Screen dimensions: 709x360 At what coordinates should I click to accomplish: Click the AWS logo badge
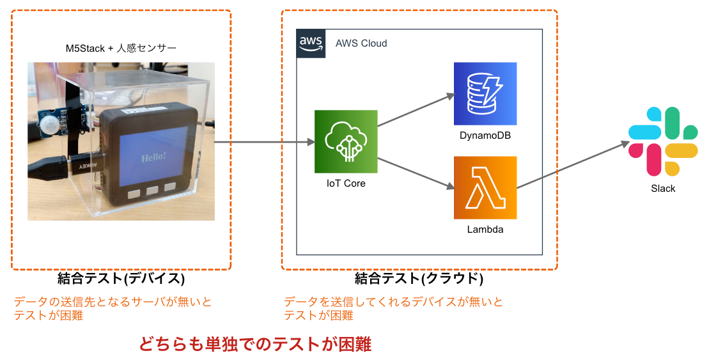311,43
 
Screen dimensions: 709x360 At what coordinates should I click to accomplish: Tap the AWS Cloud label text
361,43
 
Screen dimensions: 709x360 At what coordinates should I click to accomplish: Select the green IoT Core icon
346,141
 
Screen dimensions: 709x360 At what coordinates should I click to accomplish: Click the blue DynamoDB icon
485,93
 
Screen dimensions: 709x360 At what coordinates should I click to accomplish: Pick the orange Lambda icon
485,188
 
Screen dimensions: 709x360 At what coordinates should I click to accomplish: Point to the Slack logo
663,141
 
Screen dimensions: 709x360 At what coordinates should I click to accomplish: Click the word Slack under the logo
663,189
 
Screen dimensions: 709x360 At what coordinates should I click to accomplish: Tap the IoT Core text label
346,183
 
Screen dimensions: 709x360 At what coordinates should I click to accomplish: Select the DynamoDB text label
485,135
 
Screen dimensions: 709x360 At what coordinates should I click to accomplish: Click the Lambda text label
485,230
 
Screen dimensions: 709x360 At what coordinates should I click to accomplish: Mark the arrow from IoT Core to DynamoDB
416,110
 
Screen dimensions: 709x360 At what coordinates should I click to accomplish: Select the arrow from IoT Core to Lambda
416,173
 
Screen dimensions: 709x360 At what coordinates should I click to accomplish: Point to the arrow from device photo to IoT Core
265,142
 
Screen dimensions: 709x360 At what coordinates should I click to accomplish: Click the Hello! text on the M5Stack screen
153,157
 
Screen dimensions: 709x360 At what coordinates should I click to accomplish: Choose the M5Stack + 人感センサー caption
121,48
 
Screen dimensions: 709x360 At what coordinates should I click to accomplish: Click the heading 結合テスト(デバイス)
121,278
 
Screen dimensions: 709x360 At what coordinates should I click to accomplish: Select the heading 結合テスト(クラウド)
419,278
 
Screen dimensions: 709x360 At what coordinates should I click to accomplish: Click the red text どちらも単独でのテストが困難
255,344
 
